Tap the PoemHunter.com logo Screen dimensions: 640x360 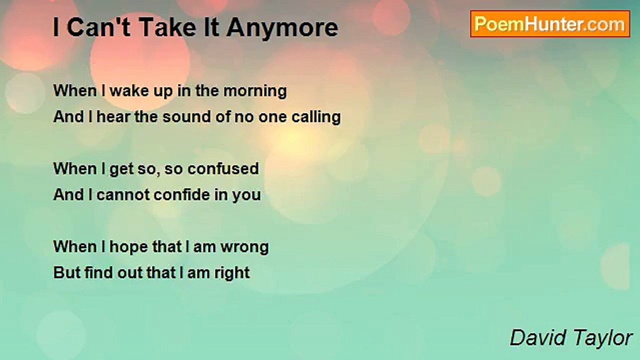click(550, 24)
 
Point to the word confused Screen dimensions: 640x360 click(223, 168)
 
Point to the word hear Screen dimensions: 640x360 click(113, 117)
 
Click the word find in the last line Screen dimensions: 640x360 click(98, 272)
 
